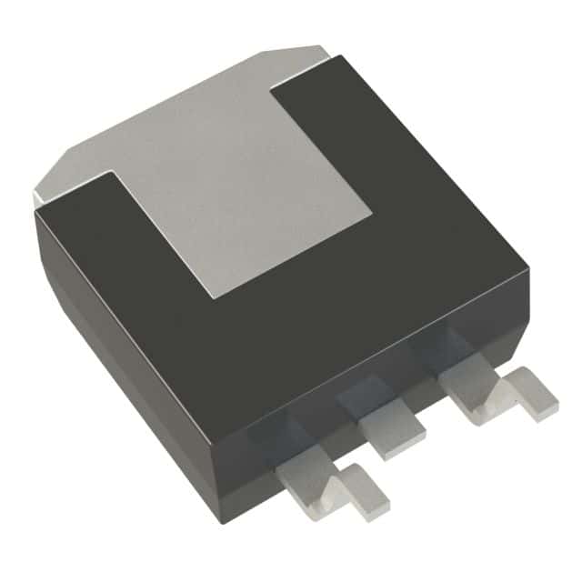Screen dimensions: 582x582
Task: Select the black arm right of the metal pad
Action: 382,136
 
